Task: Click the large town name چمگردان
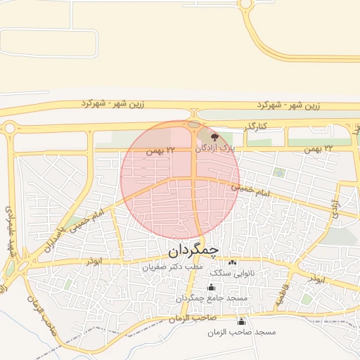click(x=194, y=250)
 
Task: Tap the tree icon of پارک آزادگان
click(x=215, y=138)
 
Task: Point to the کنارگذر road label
click(x=257, y=127)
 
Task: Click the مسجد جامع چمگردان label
click(x=212, y=298)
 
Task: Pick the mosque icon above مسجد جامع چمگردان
click(x=211, y=287)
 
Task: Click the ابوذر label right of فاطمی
click(x=316, y=279)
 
